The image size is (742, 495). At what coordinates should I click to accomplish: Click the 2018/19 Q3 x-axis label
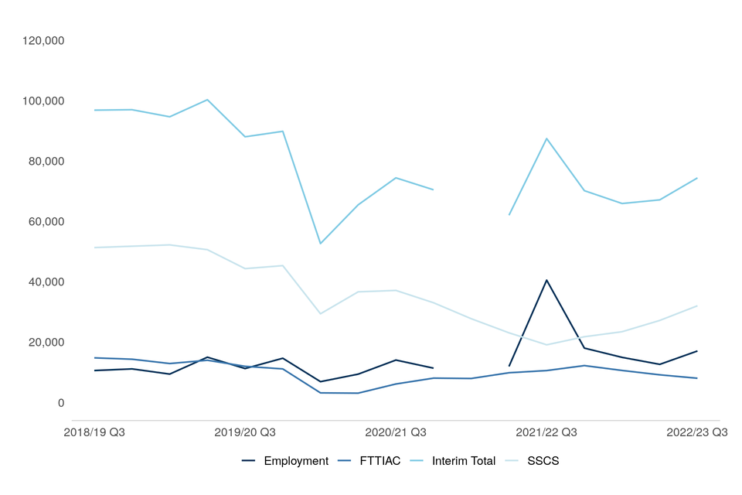94,432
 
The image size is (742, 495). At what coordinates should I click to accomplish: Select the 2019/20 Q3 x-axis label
245,432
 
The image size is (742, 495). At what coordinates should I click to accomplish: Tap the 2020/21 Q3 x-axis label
396,432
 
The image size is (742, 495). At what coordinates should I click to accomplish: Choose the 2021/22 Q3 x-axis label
546,432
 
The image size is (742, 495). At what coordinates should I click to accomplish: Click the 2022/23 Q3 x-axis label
696,432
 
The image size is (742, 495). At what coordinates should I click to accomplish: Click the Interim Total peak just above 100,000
207,100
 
